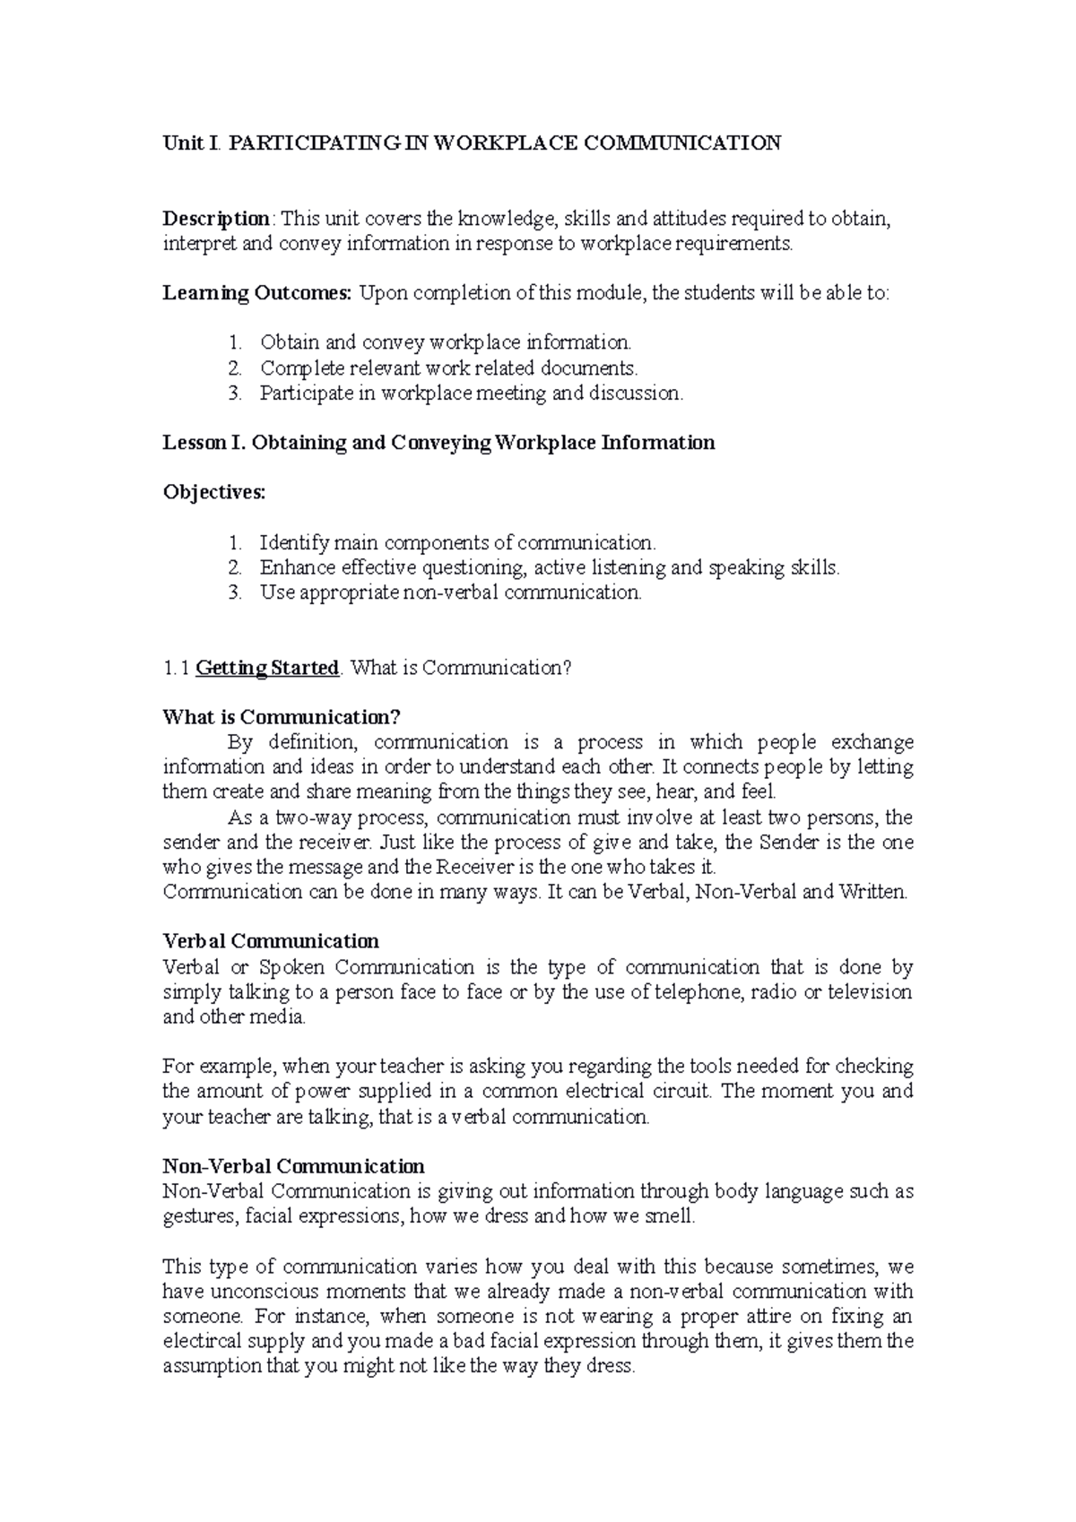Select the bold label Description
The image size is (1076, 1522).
tap(215, 219)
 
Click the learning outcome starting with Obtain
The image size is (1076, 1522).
tap(446, 342)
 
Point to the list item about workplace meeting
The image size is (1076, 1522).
tap(471, 393)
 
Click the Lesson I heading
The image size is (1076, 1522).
tap(438, 443)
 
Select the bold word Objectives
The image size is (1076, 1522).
tap(213, 492)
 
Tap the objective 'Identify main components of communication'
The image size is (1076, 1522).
tap(457, 542)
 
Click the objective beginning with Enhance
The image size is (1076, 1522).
tap(550, 567)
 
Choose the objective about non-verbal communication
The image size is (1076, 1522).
tap(451, 592)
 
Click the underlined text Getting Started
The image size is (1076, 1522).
tap(267, 669)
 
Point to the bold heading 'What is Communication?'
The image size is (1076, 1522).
tap(281, 717)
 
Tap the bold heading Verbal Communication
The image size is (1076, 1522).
tap(271, 942)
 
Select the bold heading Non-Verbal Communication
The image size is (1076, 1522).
tap(293, 1167)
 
